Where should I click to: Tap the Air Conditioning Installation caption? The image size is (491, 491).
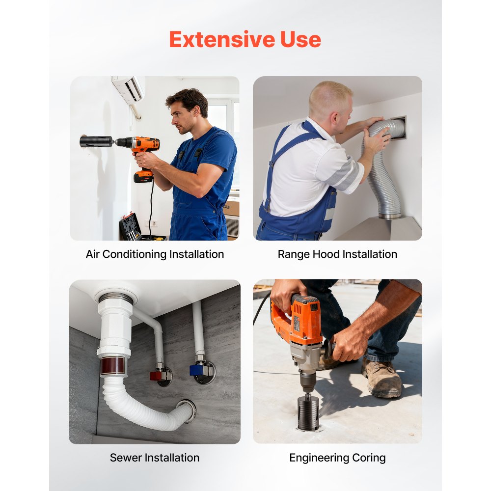pos(155,254)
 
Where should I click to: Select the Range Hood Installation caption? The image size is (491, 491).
pos(338,254)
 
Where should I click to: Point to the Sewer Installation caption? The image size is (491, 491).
pos(155,458)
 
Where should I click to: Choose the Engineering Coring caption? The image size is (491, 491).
pos(338,458)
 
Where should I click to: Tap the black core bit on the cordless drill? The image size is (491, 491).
pos(96,141)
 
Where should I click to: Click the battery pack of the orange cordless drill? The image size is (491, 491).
pos(143,177)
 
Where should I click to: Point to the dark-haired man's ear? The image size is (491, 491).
pos(196,110)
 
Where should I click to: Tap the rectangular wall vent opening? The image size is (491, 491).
pos(398,128)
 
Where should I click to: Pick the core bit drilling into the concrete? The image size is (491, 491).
pos(308,412)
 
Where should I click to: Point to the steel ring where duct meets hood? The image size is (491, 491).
pos(390,216)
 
